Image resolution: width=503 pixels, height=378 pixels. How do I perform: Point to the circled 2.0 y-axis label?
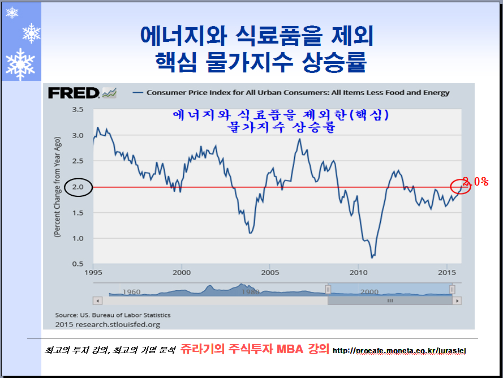click(x=78, y=187)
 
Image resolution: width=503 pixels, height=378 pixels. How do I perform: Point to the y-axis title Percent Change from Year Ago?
click(x=58, y=187)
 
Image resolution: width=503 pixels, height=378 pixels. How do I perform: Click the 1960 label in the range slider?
click(x=131, y=292)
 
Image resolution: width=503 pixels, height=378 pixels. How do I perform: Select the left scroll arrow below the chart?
click(x=97, y=300)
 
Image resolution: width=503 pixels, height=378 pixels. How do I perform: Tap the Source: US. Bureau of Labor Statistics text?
click(x=113, y=315)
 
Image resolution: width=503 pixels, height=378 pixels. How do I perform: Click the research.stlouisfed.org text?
click(x=108, y=324)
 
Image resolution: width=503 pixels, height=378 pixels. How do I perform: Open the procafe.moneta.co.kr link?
click(x=399, y=351)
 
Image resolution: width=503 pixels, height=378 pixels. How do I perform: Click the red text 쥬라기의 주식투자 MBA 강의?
click(x=255, y=349)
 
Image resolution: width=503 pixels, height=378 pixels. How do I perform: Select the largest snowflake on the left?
click(x=20, y=64)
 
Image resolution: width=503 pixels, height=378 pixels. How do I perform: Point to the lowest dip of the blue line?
click(x=372, y=257)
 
